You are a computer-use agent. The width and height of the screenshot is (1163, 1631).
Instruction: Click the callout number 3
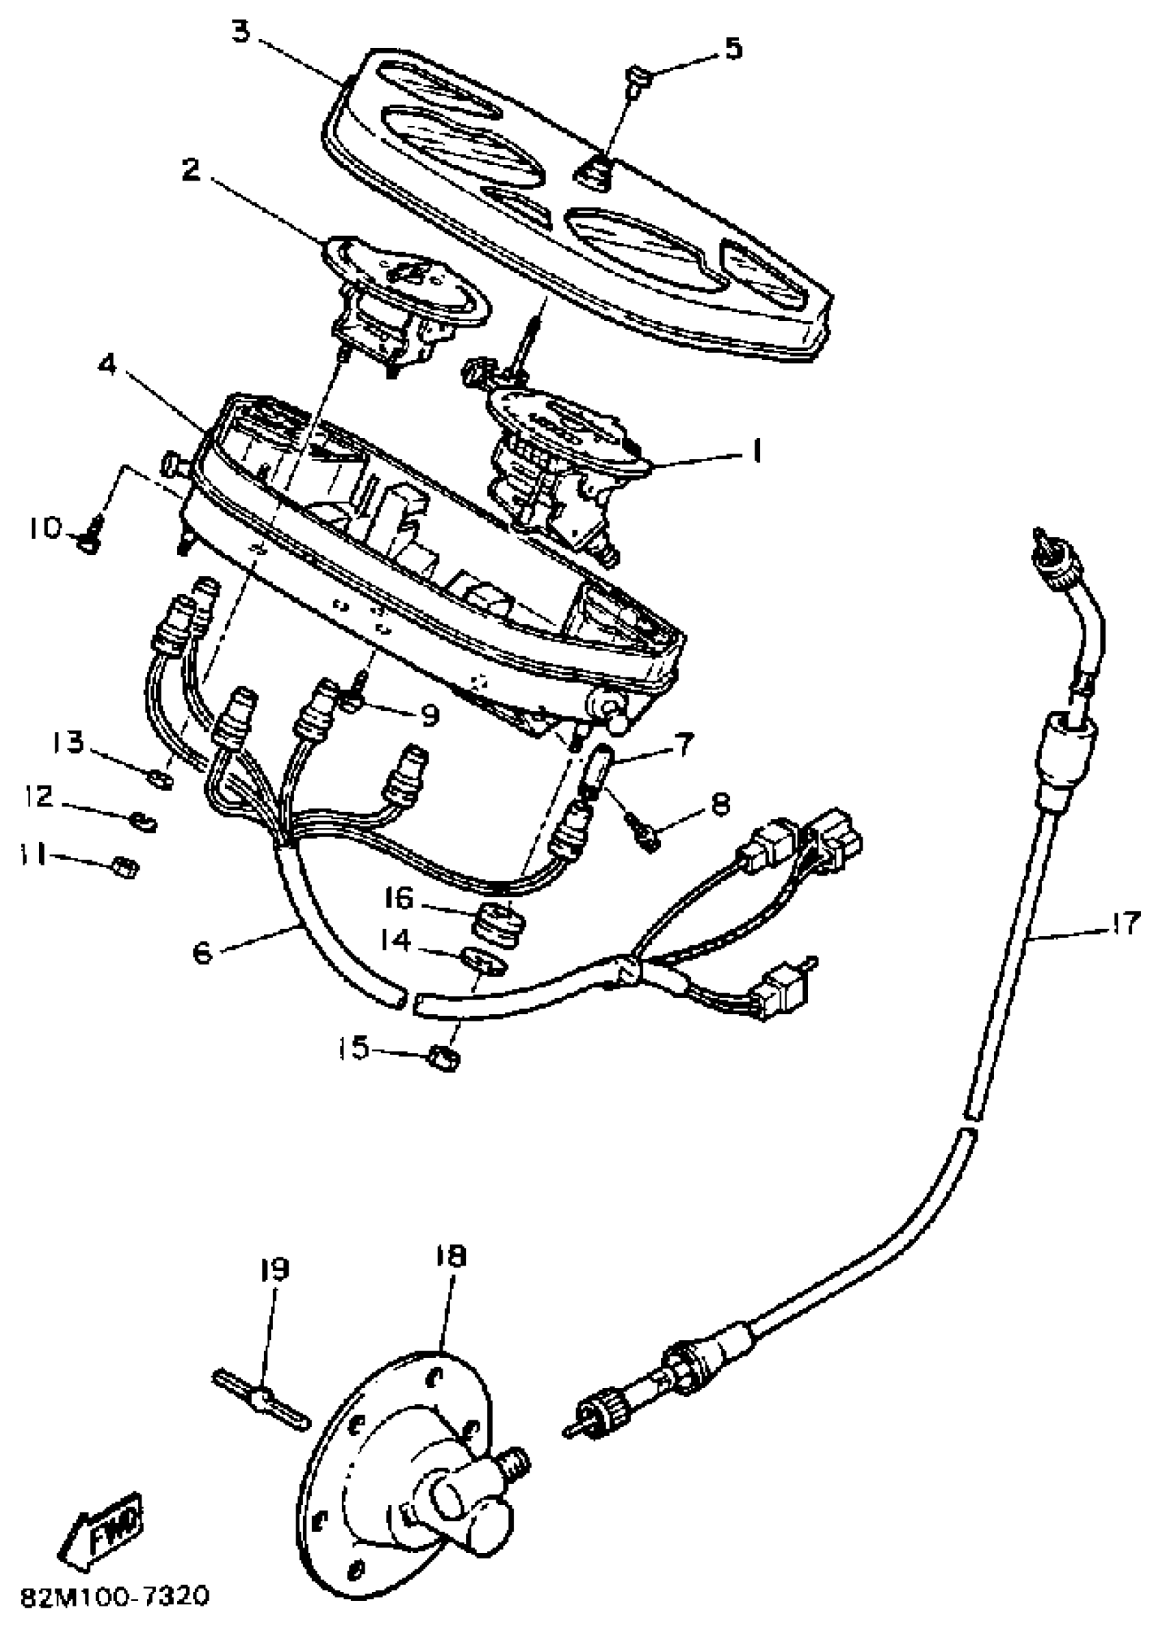tap(241, 32)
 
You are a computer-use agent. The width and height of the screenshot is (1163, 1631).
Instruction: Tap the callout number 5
tap(733, 49)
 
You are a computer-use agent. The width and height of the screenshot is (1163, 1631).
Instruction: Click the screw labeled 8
tap(648, 836)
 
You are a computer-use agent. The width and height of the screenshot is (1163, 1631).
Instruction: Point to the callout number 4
tap(107, 366)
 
